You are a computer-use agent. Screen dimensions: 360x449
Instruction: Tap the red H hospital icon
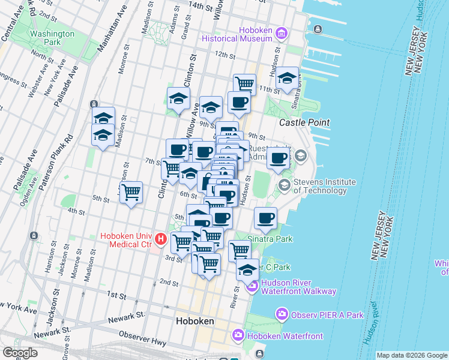click(x=161, y=239)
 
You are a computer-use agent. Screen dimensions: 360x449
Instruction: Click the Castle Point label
click(x=304, y=122)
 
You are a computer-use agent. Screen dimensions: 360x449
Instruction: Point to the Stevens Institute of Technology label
click(x=324, y=186)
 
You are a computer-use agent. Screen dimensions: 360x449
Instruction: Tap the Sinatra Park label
click(x=270, y=239)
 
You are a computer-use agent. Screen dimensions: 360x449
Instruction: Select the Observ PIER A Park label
click(x=327, y=314)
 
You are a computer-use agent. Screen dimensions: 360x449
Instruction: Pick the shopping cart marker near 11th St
click(x=244, y=83)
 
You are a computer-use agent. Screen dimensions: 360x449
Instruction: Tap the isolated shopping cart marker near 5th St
click(x=131, y=192)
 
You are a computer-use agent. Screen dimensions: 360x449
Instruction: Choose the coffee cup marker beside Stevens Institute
click(x=278, y=158)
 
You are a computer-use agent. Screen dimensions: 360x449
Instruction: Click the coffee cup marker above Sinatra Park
click(x=265, y=218)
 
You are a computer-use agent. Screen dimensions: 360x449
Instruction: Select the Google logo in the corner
click(x=20, y=353)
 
